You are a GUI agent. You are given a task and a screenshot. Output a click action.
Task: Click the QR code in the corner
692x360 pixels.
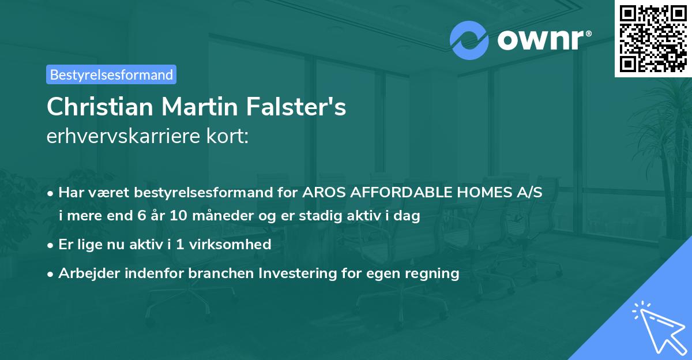pyautogui.click(x=653, y=39)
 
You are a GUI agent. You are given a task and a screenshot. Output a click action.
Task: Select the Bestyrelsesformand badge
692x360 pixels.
pyautogui.click(x=111, y=74)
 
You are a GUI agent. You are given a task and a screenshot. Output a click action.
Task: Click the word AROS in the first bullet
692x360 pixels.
pyautogui.click(x=322, y=192)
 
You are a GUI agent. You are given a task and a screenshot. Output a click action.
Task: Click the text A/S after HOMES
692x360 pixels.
pyautogui.click(x=528, y=192)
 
